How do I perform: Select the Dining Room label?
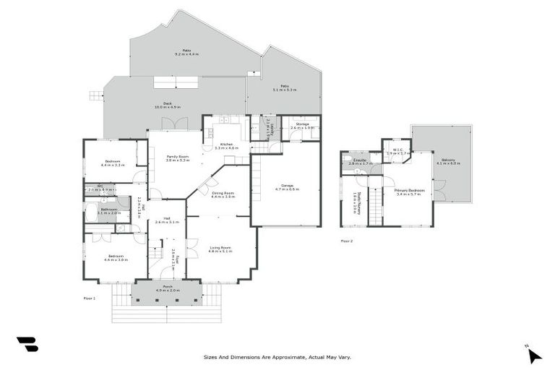click(223, 194)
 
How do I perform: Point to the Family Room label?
click(177, 158)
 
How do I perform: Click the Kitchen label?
click(227, 146)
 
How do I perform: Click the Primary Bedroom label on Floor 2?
click(410, 192)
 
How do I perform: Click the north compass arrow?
click(534, 355)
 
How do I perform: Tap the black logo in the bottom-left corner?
click(27, 345)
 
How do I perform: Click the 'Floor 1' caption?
click(90, 297)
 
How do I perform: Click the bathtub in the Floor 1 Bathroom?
click(92, 212)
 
